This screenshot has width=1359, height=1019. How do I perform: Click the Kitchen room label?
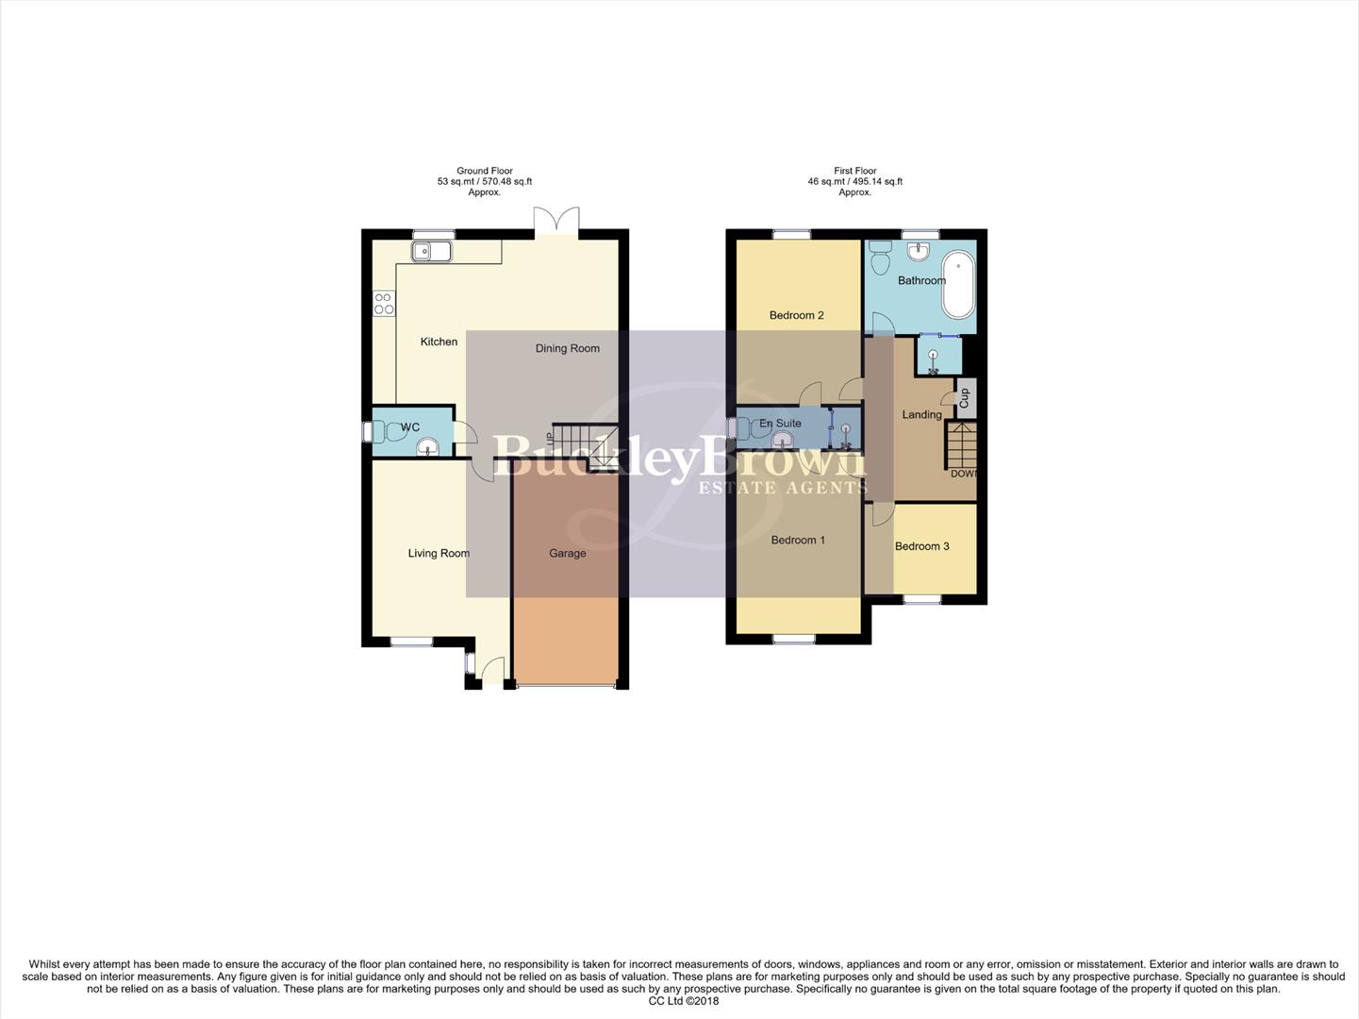(x=439, y=342)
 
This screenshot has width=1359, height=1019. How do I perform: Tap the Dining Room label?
(x=567, y=348)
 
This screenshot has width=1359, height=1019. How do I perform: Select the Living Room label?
(x=439, y=554)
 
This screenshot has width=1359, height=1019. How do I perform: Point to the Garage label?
(x=567, y=554)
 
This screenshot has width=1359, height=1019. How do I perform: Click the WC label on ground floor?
(x=410, y=427)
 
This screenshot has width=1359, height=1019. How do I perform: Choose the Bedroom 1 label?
(x=798, y=540)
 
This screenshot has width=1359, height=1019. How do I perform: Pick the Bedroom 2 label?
(x=796, y=315)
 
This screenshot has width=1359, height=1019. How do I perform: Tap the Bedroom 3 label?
(x=921, y=546)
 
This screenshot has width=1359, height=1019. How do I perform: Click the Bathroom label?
(x=920, y=280)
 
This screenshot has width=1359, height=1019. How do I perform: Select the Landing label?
(x=920, y=414)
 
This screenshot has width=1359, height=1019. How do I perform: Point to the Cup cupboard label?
(x=964, y=398)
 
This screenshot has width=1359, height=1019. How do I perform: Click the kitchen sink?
(x=431, y=251)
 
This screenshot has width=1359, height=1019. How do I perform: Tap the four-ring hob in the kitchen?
(x=384, y=303)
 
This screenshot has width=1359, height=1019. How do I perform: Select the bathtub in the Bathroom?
(x=958, y=285)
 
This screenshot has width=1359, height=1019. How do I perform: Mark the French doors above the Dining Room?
(x=555, y=223)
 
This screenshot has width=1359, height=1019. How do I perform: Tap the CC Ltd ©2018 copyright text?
(x=683, y=1001)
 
